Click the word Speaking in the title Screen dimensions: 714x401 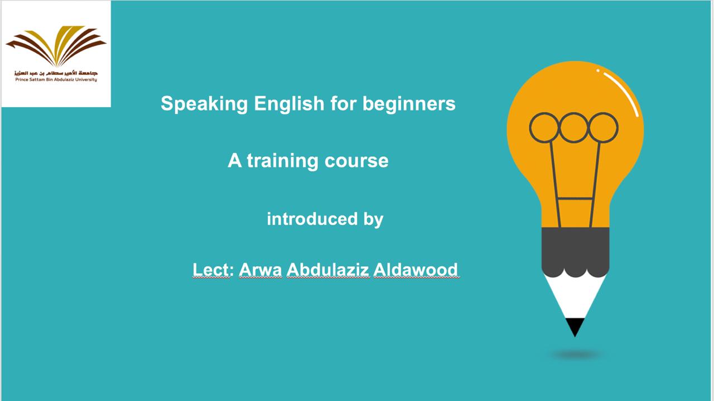click(x=204, y=104)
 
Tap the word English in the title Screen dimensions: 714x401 click(x=289, y=104)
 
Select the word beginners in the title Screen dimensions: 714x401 click(x=409, y=103)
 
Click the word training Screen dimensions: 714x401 click(x=282, y=161)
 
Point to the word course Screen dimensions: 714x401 click(x=356, y=161)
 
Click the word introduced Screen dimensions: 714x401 click(x=312, y=219)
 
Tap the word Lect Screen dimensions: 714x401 click(x=211, y=270)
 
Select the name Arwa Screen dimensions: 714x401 click(x=260, y=270)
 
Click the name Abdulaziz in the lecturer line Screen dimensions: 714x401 click(x=327, y=270)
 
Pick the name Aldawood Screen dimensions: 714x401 click(x=416, y=270)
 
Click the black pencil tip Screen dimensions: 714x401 click(x=575, y=326)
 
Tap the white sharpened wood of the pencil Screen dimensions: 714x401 click(x=575, y=297)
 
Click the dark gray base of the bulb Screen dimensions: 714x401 click(x=575, y=251)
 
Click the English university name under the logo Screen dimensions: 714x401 click(x=56, y=79)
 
